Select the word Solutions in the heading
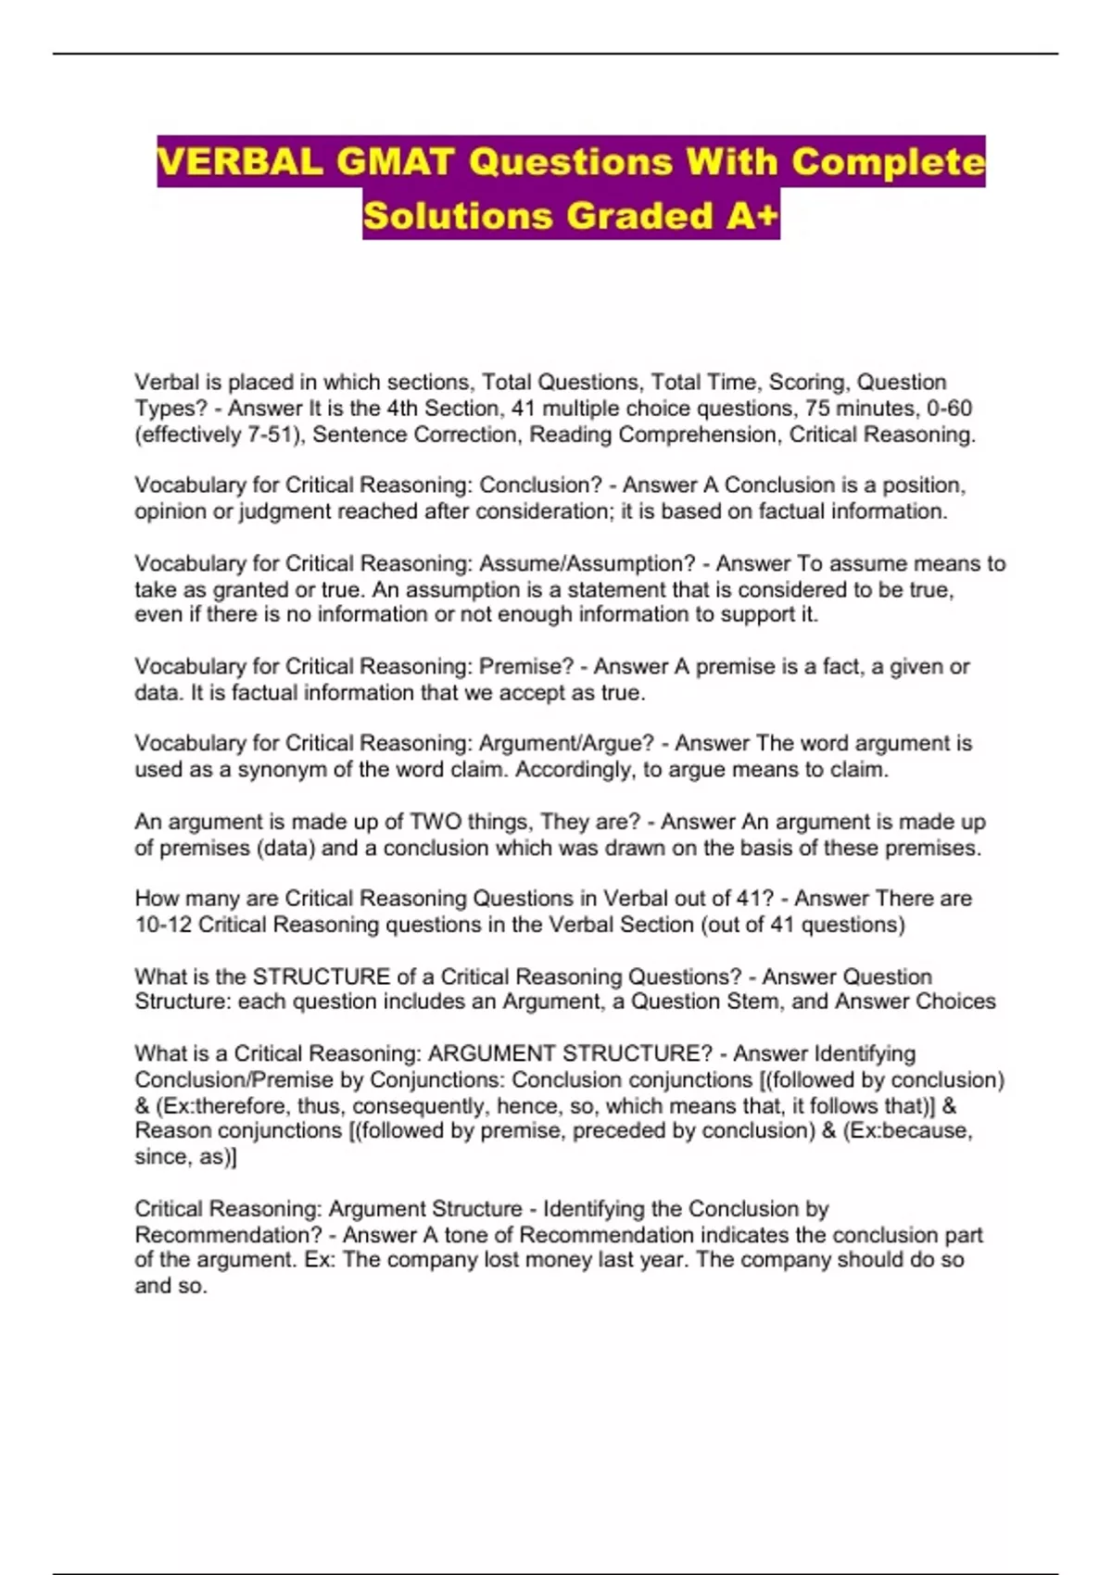[x=458, y=216]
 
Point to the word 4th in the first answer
[x=403, y=409]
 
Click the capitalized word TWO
[x=436, y=822]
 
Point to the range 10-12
[x=163, y=925]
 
